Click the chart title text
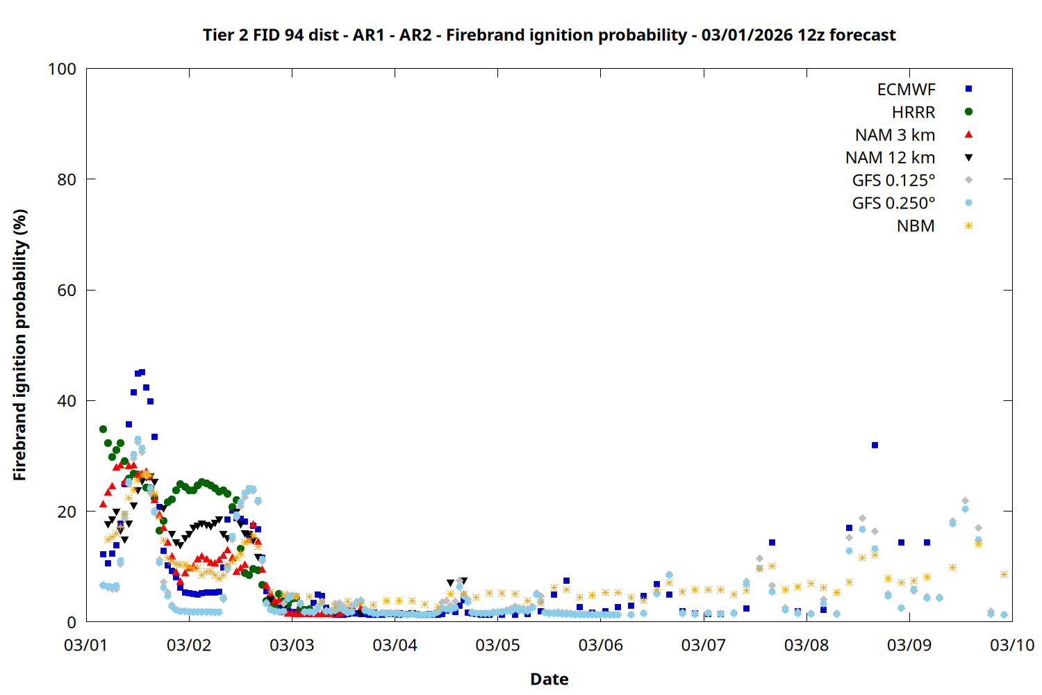[x=549, y=35]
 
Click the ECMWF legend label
[x=906, y=90]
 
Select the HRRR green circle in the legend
[x=968, y=112]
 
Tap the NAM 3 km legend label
[x=895, y=135]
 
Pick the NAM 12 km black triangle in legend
[x=968, y=158]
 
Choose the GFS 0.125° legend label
[x=893, y=181]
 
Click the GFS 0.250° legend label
[x=893, y=203]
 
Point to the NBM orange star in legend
[x=968, y=226]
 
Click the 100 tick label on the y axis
[x=62, y=69]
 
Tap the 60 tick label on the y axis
[x=67, y=291]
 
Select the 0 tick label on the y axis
[x=72, y=622]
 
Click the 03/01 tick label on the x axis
[x=85, y=645]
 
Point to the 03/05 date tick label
[x=497, y=645]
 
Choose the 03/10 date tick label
[x=1011, y=645]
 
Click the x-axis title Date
[x=549, y=679]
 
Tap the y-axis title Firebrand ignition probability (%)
[x=19, y=345]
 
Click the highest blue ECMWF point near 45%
[x=142, y=373]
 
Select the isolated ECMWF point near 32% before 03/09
[x=875, y=445]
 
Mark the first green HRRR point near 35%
[x=103, y=429]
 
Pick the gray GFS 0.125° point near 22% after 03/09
[x=965, y=501]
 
